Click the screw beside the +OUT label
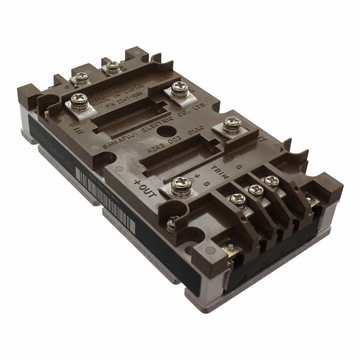point(180,184)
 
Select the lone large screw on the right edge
point(231,124)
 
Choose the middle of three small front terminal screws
point(256,190)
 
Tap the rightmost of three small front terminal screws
point(272,181)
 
